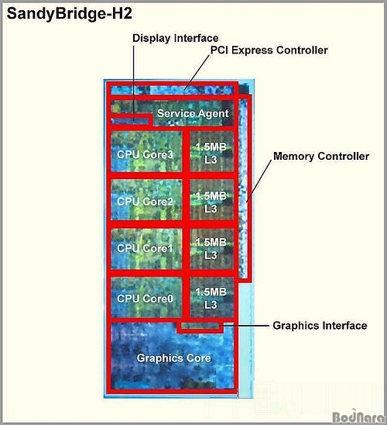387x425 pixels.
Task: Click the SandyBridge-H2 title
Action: coord(69,14)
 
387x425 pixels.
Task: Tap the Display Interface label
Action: coord(175,38)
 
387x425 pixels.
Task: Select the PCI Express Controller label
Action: coord(269,50)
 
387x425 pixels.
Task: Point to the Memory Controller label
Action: coord(321,156)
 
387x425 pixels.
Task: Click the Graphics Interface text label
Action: coord(320,326)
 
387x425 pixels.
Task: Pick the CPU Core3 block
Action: coord(146,151)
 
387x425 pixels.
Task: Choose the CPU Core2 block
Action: coord(146,200)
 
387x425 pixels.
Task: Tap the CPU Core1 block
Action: coord(146,249)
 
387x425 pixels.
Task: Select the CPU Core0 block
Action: coord(146,297)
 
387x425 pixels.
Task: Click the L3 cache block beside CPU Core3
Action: coord(212,151)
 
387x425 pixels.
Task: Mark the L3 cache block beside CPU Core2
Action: coord(212,200)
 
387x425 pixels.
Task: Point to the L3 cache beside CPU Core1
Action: coord(212,249)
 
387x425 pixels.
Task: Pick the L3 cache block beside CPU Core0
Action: coord(212,297)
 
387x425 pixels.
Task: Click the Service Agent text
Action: coord(193,113)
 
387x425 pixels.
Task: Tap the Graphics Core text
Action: coord(173,358)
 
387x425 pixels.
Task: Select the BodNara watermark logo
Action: coord(358,416)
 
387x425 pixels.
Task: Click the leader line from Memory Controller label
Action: coord(259,181)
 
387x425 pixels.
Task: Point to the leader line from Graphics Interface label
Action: coord(244,325)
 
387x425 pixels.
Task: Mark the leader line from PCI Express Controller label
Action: coord(197,72)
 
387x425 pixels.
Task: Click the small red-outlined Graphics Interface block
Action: coord(200,327)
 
